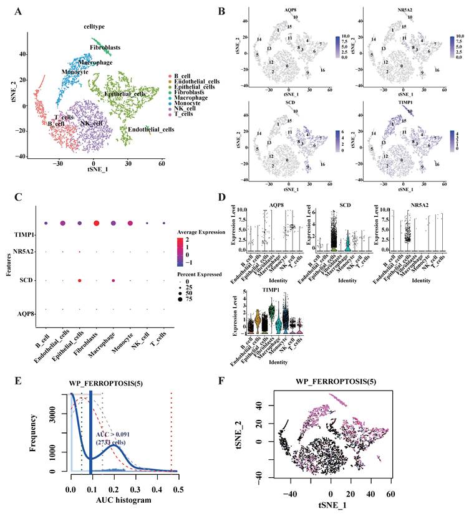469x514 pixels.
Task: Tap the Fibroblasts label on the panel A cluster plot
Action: (x=105, y=47)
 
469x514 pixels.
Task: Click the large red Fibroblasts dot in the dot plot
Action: (x=96, y=223)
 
